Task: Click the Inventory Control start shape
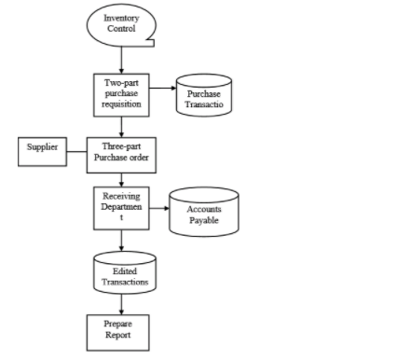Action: pyautogui.click(x=121, y=22)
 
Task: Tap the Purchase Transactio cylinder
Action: pyautogui.click(x=204, y=97)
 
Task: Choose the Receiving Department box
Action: pyautogui.click(x=121, y=209)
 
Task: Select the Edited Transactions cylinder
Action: pyautogui.click(x=123, y=274)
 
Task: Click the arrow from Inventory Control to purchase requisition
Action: pyautogui.click(x=121, y=57)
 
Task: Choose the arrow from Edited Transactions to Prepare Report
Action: pyautogui.click(x=121, y=302)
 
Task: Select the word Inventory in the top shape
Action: pyautogui.click(x=121, y=17)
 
